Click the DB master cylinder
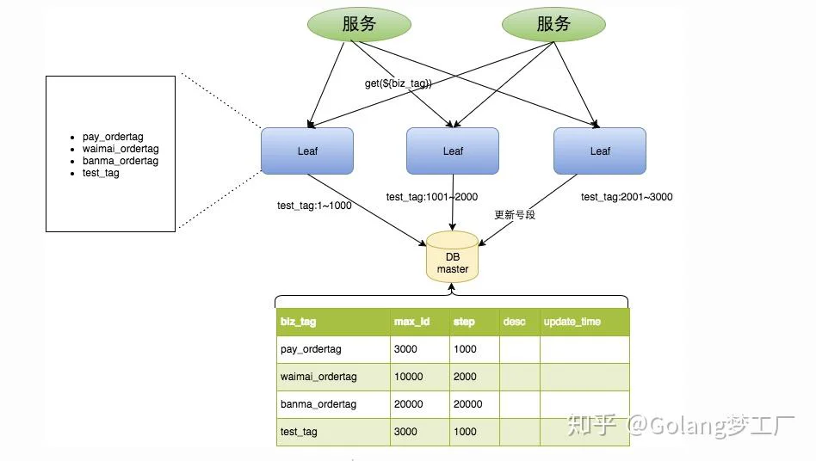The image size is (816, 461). (x=452, y=257)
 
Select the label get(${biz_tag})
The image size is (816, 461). (x=399, y=83)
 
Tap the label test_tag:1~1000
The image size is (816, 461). (x=314, y=206)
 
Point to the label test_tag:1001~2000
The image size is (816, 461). (x=432, y=197)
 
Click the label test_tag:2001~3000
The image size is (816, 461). (x=627, y=197)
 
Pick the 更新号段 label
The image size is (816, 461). (x=515, y=215)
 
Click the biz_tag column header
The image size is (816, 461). (x=298, y=322)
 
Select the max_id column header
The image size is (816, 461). (x=411, y=322)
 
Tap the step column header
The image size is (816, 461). (x=464, y=322)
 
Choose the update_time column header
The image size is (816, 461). (x=572, y=322)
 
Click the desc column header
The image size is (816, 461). (x=514, y=322)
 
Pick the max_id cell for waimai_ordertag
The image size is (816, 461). (x=409, y=377)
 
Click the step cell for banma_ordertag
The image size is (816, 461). (x=468, y=404)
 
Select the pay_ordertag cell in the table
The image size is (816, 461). (x=311, y=349)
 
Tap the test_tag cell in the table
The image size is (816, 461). (x=299, y=432)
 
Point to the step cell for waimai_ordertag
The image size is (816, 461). (x=465, y=377)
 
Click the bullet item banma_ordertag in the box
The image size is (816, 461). (x=121, y=161)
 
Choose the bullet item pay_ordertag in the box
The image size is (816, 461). (x=113, y=138)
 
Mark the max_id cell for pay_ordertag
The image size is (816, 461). (x=405, y=349)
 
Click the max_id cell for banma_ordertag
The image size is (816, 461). (x=409, y=404)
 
